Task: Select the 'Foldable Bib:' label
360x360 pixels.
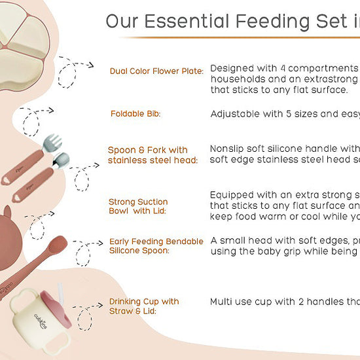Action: pos(135,114)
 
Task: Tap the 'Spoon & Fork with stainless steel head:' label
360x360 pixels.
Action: pos(147,154)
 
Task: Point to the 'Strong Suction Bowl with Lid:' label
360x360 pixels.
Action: pos(138,206)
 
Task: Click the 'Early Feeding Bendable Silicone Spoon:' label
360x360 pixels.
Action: pos(156,246)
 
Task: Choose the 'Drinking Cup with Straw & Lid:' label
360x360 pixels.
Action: pos(143,306)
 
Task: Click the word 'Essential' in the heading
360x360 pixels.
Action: pos(181,22)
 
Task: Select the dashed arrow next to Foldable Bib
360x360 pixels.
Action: pos(37,118)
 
